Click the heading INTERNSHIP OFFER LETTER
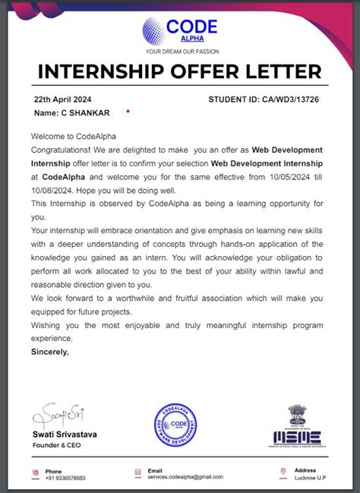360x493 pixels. [179, 71]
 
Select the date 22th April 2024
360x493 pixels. [63, 100]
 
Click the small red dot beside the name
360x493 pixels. [128, 111]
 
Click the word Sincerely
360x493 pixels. [50, 352]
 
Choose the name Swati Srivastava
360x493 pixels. [65, 435]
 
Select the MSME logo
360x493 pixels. [296, 426]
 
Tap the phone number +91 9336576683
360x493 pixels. [65, 478]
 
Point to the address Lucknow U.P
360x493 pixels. [310, 478]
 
